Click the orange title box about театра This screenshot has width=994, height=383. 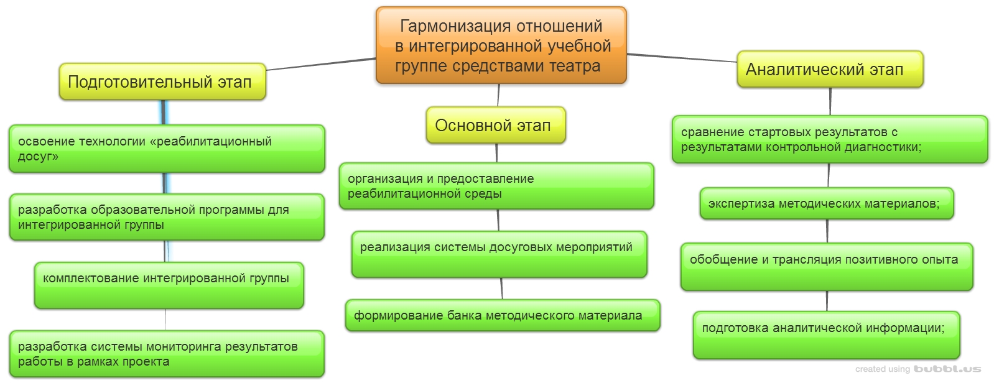coord(501,45)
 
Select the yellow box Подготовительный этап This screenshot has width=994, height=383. coord(162,81)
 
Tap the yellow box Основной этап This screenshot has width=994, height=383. coord(495,126)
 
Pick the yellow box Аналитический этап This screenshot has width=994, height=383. coord(829,70)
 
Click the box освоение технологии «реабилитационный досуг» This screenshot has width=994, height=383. coord(167,149)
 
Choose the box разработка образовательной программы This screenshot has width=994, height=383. coord(167,217)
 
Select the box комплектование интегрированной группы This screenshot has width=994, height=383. coord(169,285)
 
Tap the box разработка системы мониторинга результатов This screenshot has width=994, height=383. coord(167,354)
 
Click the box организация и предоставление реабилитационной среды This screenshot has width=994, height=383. coord(496,186)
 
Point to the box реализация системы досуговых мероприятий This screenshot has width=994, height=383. coord(499,254)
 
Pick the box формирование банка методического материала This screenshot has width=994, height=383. coord(503,315)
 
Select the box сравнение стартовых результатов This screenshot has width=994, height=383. coord(829,139)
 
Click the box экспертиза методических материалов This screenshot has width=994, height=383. coord(826,203)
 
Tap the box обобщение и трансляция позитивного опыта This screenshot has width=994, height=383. coord(826,267)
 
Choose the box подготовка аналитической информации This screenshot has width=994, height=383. coord(826,335)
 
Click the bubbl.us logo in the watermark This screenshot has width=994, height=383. coord(947,369)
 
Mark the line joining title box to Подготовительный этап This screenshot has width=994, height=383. coord(320,64)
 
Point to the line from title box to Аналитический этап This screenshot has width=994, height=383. coord(681,58)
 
